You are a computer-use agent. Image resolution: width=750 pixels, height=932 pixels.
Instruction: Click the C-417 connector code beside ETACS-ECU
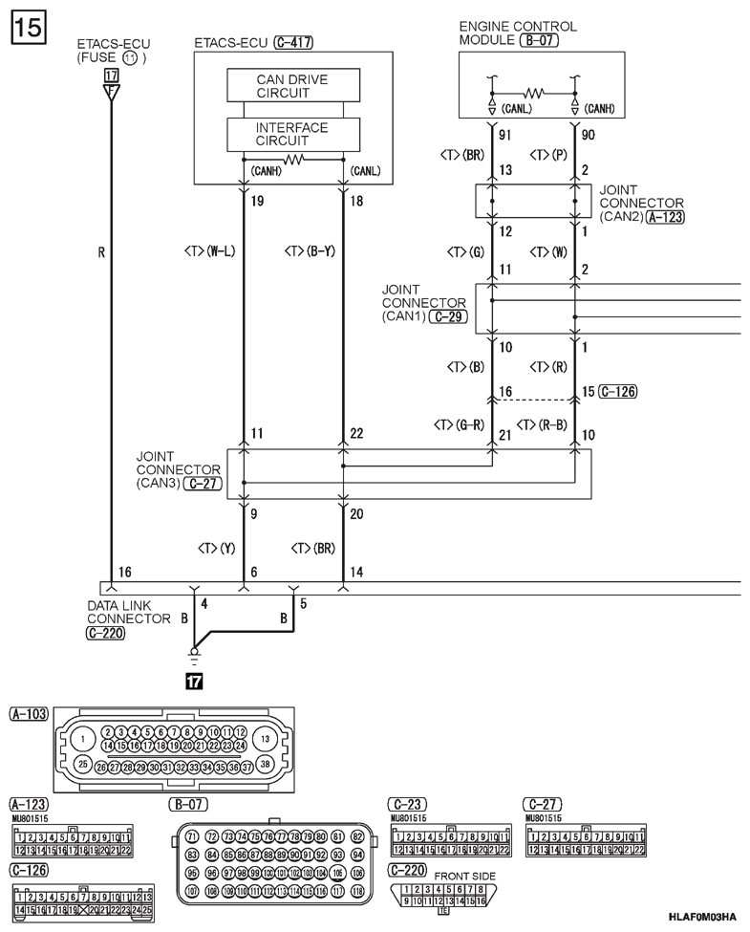click(x=293, y=43)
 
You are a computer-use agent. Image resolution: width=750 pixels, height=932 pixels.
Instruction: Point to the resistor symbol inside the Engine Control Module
click(x=533, y=94)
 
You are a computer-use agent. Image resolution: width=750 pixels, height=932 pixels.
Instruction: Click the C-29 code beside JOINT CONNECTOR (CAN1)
click(x=448, y=315)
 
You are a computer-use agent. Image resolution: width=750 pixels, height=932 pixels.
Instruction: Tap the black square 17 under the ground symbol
click(x=194, y=682)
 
